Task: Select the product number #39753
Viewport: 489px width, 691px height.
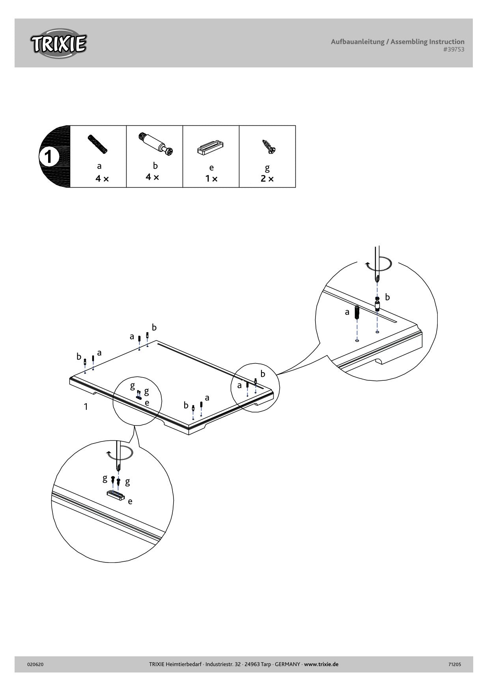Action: tap(454, 50)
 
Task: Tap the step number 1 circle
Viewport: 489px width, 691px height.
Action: tap(48, 157)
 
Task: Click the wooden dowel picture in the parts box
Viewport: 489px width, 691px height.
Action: tap(97, 144)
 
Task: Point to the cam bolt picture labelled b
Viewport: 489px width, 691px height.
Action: tap(156, 143)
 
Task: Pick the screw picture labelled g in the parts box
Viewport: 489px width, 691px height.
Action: tap(269, 147)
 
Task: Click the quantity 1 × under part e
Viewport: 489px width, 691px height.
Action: tap(211, 179)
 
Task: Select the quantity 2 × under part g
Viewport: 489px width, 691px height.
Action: tap(267, 179)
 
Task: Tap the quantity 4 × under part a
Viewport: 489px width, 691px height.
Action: tap(102, 179)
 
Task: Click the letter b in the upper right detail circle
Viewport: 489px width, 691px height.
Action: tap(387, 297)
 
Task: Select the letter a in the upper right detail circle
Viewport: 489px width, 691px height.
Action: tap(347, 312)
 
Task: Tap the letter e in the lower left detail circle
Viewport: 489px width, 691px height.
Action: tap(130, 501)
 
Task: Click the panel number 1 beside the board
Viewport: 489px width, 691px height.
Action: tap(86, 406)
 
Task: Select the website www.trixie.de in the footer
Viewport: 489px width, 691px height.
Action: tap(321, 664)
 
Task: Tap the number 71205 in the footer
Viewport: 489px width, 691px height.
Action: tap(455, 664)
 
